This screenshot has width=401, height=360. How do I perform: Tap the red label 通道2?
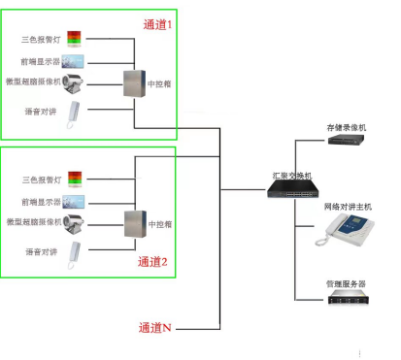[153, 261]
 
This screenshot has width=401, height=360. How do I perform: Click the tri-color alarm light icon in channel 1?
[76, 41]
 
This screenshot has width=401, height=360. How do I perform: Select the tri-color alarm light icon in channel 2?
[76, 179]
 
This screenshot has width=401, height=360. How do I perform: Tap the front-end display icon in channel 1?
[76, 62]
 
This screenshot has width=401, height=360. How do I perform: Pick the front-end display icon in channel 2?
[76, 202]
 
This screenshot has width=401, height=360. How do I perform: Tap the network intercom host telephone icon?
[346, 231]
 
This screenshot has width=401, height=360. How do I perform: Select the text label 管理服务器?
[346, 283]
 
